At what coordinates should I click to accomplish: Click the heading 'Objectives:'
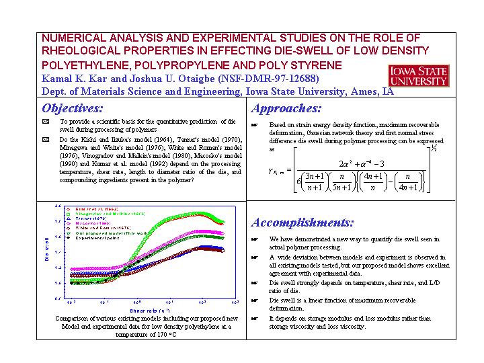pyautogui.click(x=73, y=108)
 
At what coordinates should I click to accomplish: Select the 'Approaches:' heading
pyautogui.click(x=286, y=108)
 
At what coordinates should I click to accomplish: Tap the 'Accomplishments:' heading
pyautogui.click(x=302, y=223)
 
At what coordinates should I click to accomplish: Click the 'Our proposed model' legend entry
pyautogui.click(x=108, y=233)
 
